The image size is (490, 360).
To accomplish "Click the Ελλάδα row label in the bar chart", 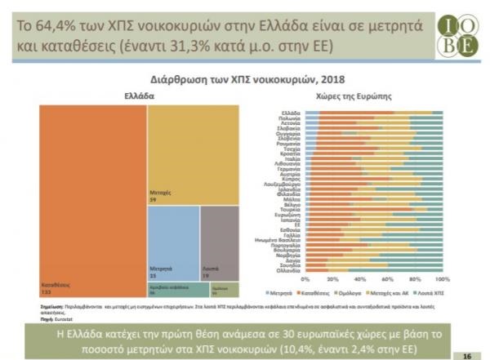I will pos(292,112).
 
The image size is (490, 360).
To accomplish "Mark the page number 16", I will pos(466,356).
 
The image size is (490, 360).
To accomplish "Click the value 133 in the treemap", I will pos(47,289).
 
